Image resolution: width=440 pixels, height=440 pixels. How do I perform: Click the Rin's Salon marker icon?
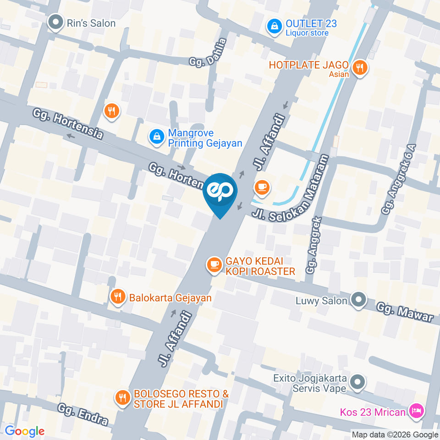click(x=56, y=23)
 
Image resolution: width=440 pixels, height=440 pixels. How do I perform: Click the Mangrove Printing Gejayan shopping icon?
click(x=157, y=136)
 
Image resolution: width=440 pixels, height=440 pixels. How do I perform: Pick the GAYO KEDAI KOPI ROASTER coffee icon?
click(x=214, y=264)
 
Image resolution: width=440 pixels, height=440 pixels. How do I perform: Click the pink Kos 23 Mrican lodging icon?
click(x=416, y=411)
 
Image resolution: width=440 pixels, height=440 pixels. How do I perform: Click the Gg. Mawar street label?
click(x=405, y=312)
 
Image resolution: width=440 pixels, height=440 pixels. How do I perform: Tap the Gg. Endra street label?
click(x=83, y=414)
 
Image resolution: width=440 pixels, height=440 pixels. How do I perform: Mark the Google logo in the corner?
click(x=24, y=431)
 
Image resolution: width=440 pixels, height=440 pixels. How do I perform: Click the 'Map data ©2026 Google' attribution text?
click(x=395, y=434)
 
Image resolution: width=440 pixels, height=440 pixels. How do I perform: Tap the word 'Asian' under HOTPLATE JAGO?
click(x=339, y=74)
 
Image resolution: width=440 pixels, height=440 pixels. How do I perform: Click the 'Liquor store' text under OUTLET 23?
click(x=307, y=33)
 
